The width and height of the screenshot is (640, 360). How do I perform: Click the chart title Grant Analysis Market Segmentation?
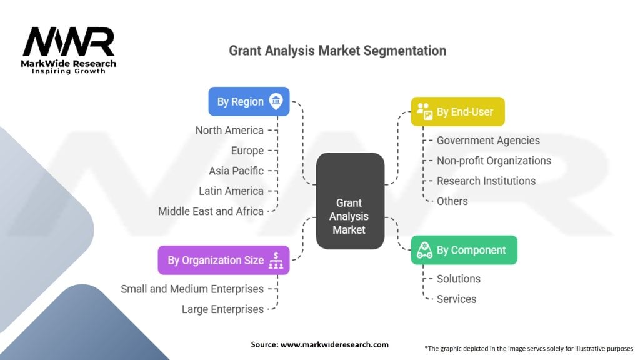(x=337, y=51)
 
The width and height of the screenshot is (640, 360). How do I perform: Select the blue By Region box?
(x=249, y=101)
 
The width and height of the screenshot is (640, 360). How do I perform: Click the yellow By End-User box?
(x=457, y=112)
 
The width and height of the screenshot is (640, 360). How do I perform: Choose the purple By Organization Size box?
(x=224, y=260)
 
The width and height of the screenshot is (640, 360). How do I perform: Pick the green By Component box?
(x=464, y=250)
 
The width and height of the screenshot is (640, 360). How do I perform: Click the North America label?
(x=229, y=131)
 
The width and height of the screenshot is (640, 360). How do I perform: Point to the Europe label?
(x=247, y=151)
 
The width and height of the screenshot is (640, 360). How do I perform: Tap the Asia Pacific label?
(x=236, y=171)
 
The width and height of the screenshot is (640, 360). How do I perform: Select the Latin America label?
(x=231, y=191)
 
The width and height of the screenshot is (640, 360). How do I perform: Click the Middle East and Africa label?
(x=211, y=211)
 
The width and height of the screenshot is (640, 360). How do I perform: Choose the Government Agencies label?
(x=488, y=141)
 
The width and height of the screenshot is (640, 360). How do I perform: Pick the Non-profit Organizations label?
(x=494, y=161)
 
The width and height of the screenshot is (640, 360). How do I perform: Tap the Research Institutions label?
(x=486, y=181)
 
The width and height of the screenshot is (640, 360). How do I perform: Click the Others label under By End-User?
(x=452, y=201)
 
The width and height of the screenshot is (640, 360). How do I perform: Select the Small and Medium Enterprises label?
(x=192, y=289)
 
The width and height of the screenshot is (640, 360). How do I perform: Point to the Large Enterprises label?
(x=222, y=309)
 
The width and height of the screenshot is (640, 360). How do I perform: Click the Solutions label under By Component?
(x=458, y=279)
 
